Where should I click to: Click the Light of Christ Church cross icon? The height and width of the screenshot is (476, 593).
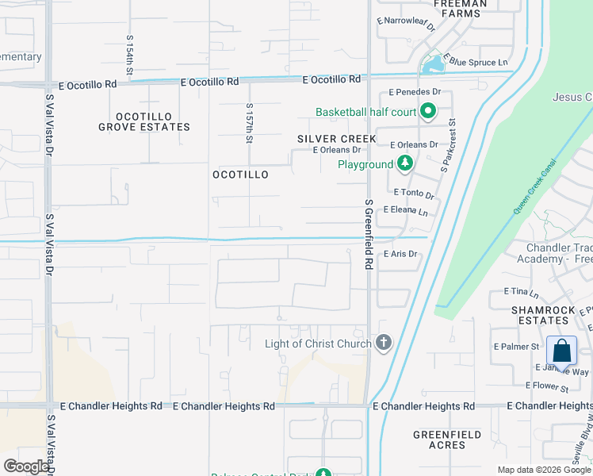click(384, 343)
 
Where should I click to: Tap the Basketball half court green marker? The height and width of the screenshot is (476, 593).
click(428, 112)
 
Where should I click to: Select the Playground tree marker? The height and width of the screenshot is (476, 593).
click(405, 164)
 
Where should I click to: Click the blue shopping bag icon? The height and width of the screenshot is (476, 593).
click(561, 351)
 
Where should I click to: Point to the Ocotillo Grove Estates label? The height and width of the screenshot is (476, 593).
click(144, 121)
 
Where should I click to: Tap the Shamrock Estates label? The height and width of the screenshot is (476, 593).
click(541, 315)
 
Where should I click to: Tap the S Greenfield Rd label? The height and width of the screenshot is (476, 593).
click(369, 236)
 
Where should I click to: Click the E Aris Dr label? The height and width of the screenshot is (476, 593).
click(400, 255)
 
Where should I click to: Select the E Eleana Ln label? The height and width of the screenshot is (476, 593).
click(405, 211)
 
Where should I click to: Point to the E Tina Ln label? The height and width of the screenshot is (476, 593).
click(509, 293)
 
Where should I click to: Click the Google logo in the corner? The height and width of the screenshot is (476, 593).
click(26, 466)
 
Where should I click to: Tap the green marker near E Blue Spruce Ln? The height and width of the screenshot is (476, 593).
click(433, 63)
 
